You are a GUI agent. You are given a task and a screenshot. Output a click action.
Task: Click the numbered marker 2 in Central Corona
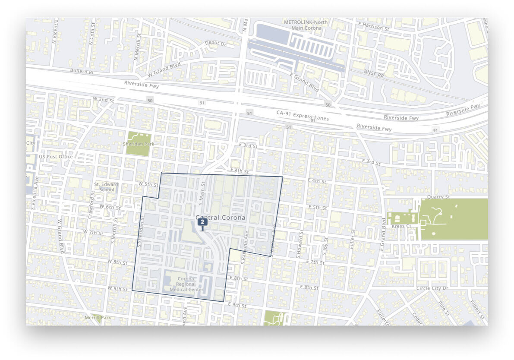202,222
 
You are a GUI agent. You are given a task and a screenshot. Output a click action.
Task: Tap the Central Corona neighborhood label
221,218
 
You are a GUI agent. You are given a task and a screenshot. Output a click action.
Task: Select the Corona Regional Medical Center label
186,284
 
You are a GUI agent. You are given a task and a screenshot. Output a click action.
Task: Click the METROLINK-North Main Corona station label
306,25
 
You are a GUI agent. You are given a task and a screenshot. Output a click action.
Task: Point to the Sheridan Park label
139,144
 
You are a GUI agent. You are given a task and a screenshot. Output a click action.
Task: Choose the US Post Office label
56,157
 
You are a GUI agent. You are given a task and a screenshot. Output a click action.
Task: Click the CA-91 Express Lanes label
303,115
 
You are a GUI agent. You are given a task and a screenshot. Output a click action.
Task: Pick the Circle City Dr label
432,288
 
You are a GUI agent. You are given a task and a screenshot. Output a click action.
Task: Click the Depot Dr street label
215,44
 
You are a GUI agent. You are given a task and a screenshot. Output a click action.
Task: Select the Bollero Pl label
82,70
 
